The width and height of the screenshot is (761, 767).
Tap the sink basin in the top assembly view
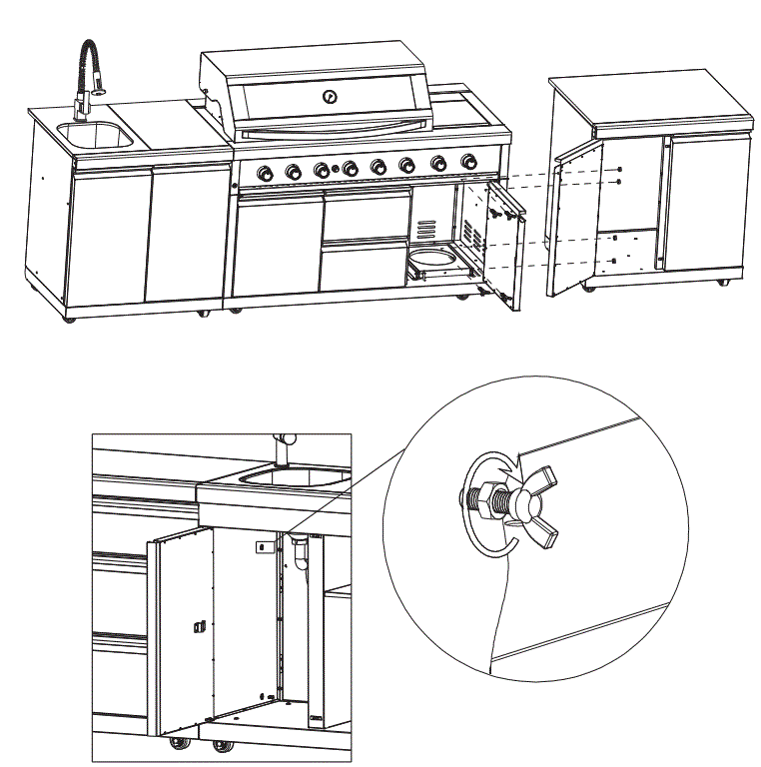(x=94, y=135)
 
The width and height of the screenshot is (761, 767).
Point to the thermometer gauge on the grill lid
(x=330, y=97)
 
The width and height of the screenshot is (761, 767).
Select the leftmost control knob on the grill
(x=265, y=173)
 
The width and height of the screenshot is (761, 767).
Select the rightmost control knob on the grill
(x=467, y=162)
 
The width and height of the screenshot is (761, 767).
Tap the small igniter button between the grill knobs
(x=336, y=169)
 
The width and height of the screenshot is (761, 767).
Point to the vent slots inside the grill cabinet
(x=427, y=229)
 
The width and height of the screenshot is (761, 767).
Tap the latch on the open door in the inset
(x=197, y=626)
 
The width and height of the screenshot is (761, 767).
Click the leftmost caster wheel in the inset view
(x=180, y=744)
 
